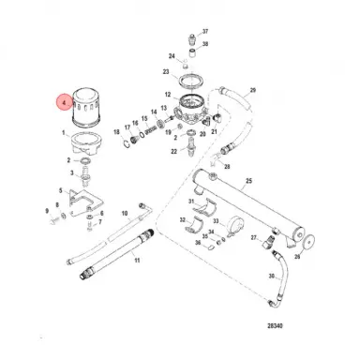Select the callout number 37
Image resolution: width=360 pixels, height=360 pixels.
(205, 32)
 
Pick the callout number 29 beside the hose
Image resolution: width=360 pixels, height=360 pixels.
(252, 89)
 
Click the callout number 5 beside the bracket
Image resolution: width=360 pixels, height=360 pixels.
(60, 191)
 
